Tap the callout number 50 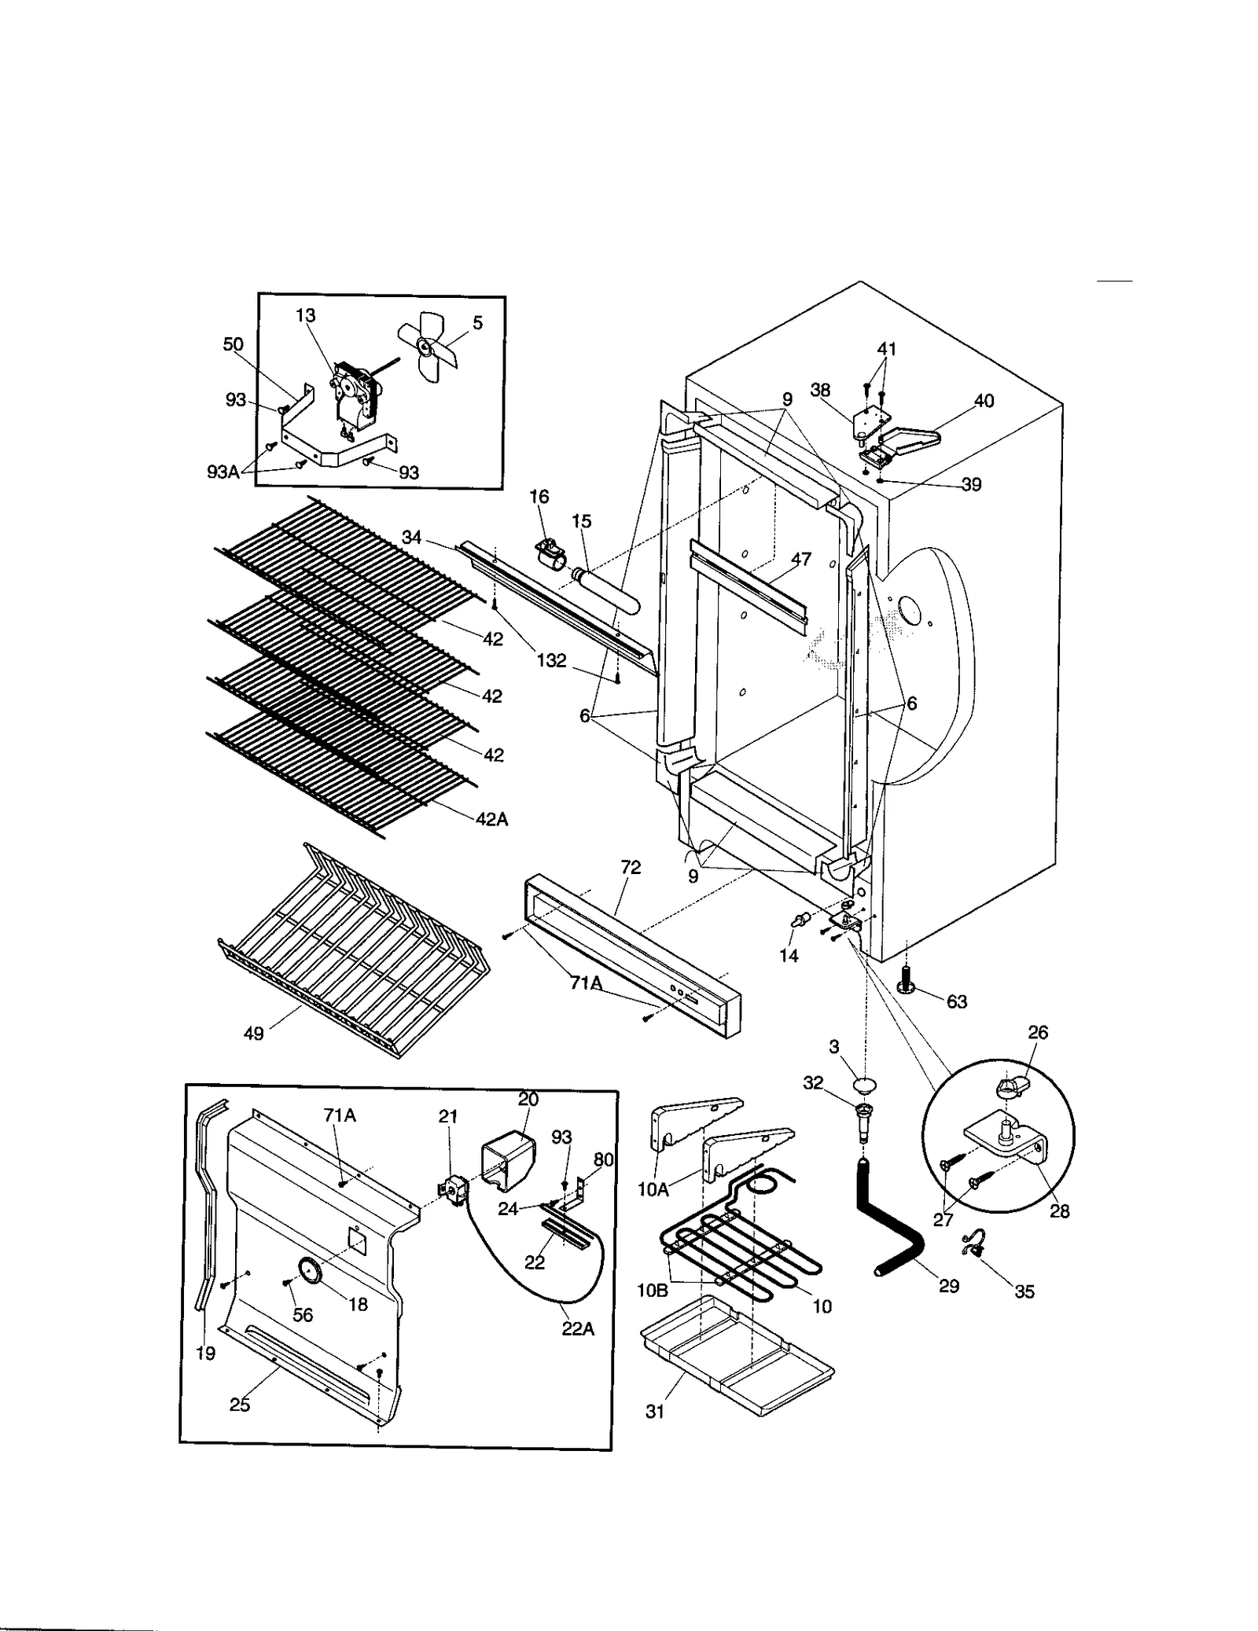tap(234, 344)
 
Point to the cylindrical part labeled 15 tap(609, 590)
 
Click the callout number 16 tap(539, 497)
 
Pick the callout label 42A tap(492, 819)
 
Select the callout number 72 tap(631, 867)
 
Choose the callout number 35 tap(1024, 1291)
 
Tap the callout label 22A tap(578, 1328)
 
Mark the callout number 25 tap(240, 1405)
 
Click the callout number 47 tap(801, 560)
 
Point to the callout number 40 tap(984, 401)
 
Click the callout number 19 tap(205, 1354)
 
